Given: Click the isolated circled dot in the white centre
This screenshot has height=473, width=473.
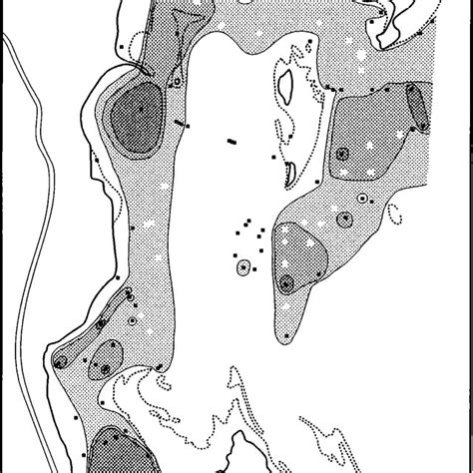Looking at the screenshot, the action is click(242, 266).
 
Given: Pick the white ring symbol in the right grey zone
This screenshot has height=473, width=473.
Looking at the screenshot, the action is click(345, 219).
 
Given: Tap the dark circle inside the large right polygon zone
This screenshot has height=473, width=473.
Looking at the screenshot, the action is click(342, 153).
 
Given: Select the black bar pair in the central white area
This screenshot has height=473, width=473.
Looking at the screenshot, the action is click(232, 142).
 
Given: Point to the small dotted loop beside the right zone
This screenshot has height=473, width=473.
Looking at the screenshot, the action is click(396, 212).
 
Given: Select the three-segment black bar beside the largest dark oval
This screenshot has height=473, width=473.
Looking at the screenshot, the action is click(181, 125).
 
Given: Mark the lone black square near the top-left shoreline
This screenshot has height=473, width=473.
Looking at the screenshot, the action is click(118, 46).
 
